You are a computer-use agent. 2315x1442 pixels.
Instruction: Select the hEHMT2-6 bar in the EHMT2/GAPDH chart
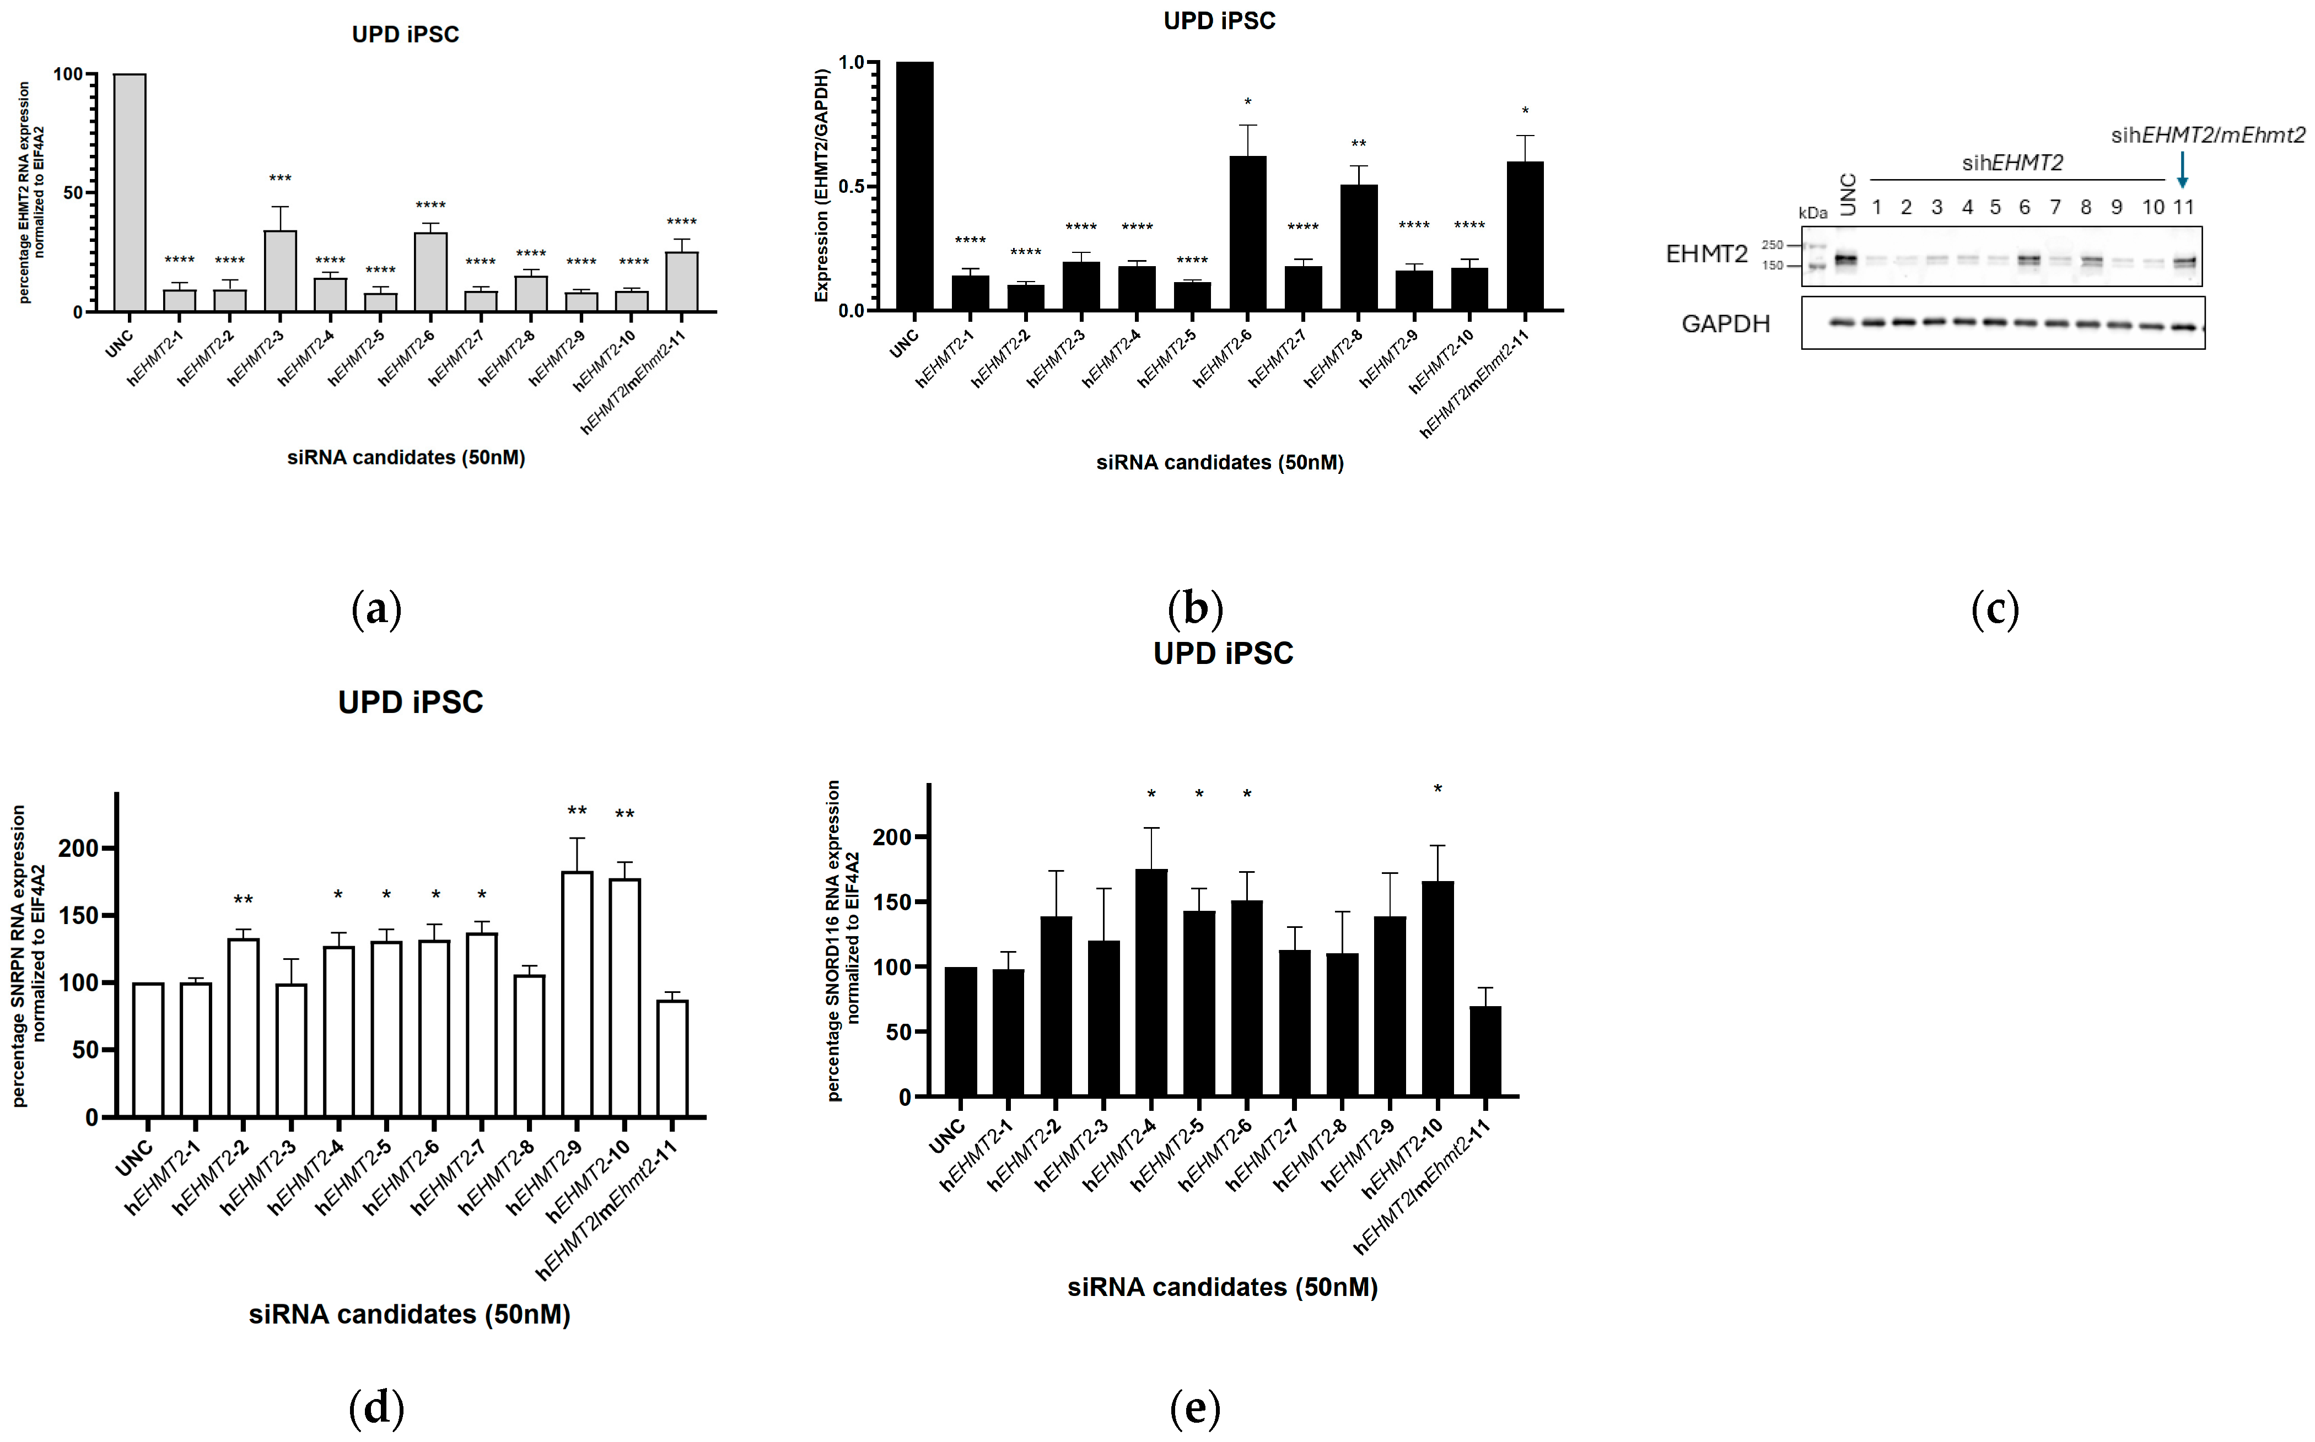click(1248, 234)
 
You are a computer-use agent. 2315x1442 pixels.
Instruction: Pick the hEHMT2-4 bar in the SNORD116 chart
click(1151, 982)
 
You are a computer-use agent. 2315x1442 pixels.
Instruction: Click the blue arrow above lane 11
click(2182, 170)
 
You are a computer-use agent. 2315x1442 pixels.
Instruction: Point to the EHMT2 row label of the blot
click(1706, 253)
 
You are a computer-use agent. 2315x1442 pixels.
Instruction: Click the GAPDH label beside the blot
click(1726, 324)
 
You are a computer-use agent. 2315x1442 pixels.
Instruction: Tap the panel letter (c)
click(1995, 608)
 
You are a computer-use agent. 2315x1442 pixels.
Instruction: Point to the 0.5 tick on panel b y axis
click(852, 186)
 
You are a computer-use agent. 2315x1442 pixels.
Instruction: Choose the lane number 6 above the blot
click(2024, 207)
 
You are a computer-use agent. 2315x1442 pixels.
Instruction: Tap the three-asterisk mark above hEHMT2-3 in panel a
click(279, 179)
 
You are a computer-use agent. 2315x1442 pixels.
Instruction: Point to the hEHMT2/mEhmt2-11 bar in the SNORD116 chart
click(1485, 1051)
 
